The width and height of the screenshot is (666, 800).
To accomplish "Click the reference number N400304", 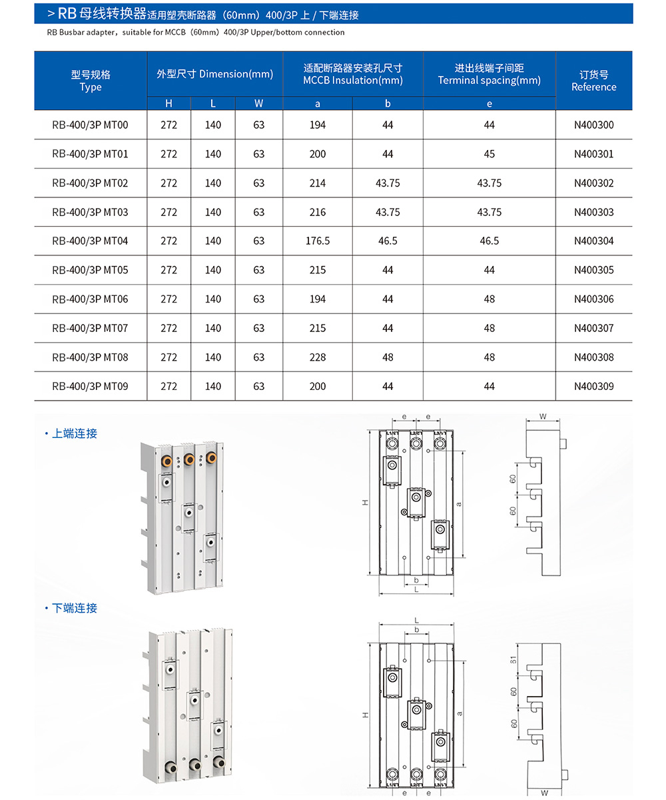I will [x=594, y=241].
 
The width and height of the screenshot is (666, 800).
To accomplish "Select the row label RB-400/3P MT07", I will [x=90, y=328].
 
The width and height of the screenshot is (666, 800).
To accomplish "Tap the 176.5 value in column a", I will [x=318, y=241].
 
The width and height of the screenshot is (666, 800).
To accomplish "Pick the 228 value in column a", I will [x=318, y=357].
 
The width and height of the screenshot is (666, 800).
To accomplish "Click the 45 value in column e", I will [x=490, y=154].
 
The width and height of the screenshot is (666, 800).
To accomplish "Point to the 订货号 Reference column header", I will [x=594, y=81].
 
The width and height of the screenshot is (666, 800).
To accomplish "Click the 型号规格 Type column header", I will [x=91, y=81].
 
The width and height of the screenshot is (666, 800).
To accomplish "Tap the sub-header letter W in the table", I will [x=259, y=103].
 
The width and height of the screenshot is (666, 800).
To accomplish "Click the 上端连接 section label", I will [x=75, y=433].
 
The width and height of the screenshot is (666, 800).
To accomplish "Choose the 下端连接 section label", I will [x=75, y=608].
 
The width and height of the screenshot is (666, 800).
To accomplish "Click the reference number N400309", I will [x=594, y=386].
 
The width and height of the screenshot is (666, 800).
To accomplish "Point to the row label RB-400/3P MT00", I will [x=90, y=125].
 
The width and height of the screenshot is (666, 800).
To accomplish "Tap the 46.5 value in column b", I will [x=388, y=241].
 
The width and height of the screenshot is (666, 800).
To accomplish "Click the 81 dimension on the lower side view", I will [x=513, y=660].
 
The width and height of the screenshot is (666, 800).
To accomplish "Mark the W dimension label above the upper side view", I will [x=543, y=417].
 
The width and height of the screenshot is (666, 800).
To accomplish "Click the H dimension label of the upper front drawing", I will [x=365, y=503].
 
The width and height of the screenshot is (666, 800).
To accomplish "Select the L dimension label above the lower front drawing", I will [x=416, y=619].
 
